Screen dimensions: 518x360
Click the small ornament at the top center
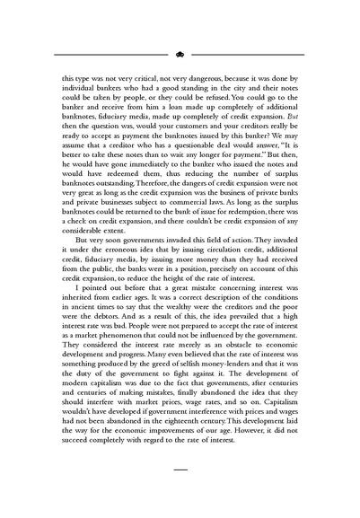tap(180, 53)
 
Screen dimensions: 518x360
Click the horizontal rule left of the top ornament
tap(108, 53)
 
